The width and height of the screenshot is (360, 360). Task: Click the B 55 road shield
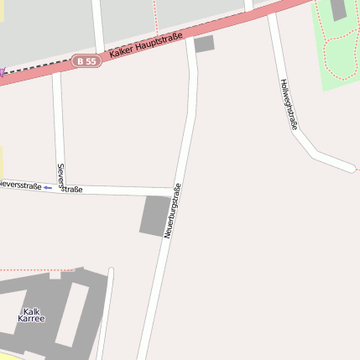(86, 61)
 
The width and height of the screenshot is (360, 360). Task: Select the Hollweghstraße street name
(290, 104)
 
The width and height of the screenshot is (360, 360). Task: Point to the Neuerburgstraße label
(173, 211)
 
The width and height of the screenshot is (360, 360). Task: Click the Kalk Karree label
(31, 316)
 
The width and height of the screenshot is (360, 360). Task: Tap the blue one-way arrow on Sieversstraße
(48, 187)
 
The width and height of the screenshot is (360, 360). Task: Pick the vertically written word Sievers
(60, 172)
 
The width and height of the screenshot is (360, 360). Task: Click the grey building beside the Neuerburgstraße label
(154, 215)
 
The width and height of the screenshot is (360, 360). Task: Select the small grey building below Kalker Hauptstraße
(204, 44)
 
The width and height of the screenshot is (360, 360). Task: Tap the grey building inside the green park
(339, 9)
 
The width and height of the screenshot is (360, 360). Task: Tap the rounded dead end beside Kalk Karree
(110, 271)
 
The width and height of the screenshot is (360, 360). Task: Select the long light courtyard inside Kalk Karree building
(70, 315)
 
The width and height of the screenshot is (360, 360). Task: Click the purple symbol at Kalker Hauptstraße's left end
(2, 72)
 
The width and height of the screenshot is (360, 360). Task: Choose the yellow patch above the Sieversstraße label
(1, 161)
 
